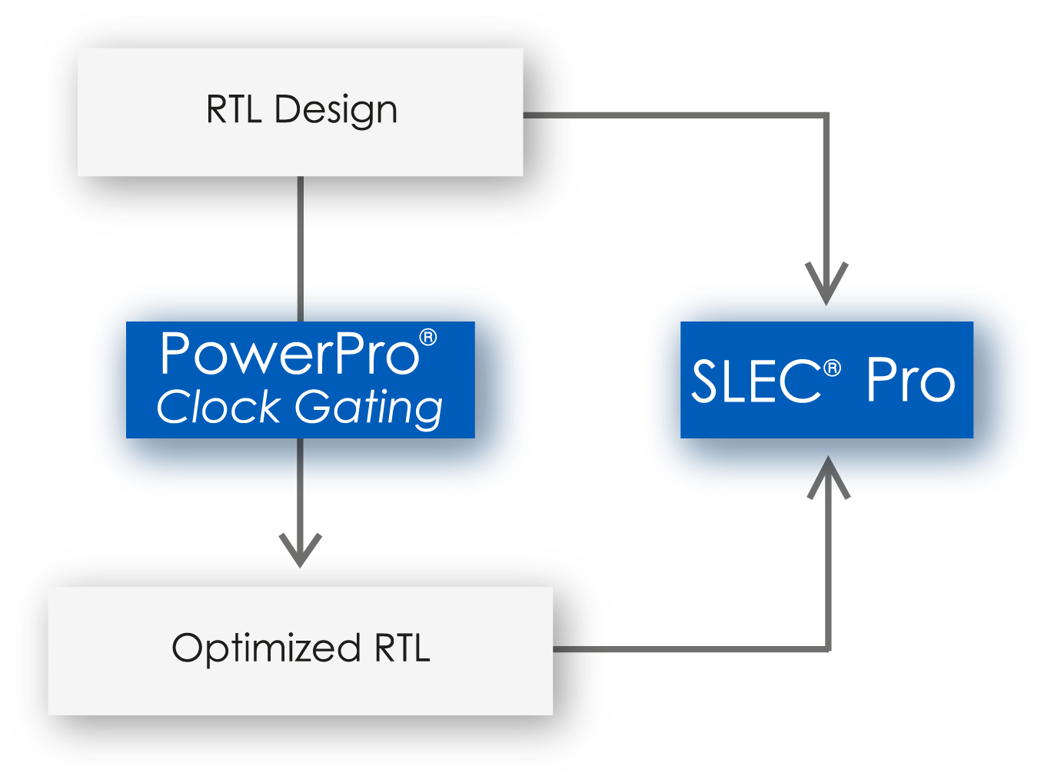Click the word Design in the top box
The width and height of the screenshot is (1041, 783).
[x=336, y=110]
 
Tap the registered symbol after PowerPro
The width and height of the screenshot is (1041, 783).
[x=428, y=338]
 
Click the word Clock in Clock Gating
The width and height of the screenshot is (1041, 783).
[x=218, y=407]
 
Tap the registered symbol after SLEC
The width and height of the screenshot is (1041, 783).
[x=832, y=369]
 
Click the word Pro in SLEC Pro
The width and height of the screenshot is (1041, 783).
[x=910, y=381]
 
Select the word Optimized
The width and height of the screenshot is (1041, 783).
[x=266, y=648]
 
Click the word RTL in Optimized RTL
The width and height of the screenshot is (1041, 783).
[x=402, y=648]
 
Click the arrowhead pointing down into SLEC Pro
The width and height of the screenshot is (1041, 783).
[x=826, y=285]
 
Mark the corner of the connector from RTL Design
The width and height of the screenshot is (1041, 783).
[x=826, y=115]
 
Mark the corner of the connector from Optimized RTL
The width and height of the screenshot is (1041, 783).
[x=828, y=650]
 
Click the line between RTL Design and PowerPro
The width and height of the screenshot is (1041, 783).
[x=300, y=246]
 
